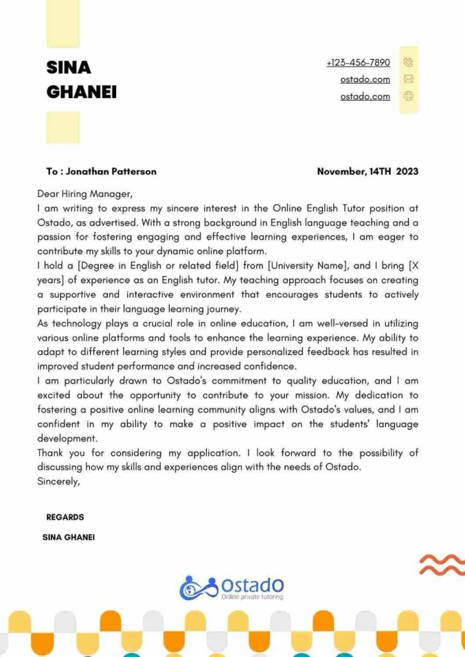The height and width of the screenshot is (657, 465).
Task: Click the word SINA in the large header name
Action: [69, 67]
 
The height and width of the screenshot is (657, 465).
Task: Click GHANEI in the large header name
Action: [82, 92]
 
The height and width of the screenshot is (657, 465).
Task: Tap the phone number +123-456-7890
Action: [358, 63]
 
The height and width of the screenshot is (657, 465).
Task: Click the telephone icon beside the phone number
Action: [408, 63]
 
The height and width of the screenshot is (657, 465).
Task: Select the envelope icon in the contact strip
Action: [408, 80]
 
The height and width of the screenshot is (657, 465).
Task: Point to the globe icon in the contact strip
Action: [408, 97]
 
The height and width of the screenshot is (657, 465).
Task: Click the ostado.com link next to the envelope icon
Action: [365, 80]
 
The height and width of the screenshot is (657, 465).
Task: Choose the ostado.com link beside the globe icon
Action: [365, 97]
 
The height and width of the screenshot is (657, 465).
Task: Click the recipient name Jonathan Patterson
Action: [111, 171]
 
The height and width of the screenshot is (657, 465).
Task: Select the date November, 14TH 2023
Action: [367, 171]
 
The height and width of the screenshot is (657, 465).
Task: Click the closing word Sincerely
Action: [58, 481]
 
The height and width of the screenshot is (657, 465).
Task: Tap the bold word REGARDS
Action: [65, 517]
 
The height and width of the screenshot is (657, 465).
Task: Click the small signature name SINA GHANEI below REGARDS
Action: [68, 537]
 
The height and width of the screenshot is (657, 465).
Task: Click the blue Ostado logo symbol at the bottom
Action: [198, 587]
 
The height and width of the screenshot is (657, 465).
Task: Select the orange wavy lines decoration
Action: [441, 564]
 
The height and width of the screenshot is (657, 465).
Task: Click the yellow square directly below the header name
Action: [63, 127]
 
